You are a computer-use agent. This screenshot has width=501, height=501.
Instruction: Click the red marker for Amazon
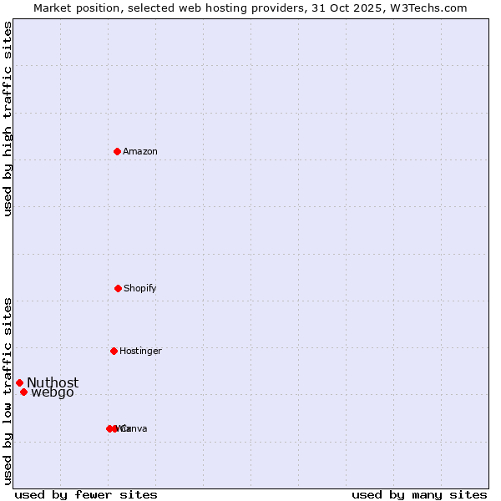[x=118, y=151]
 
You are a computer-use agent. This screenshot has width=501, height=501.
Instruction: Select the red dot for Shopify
[x=118, y=288]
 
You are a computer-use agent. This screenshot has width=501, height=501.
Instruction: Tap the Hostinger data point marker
[x=114, y=351]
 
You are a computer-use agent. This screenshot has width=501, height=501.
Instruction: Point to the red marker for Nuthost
[x=19, y=382]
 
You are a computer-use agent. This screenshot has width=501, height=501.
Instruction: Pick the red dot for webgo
[x=23, y=392]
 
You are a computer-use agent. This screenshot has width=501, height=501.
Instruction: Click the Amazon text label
[x=140, y=151]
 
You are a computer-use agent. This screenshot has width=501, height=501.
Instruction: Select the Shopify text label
[x=140, y=288]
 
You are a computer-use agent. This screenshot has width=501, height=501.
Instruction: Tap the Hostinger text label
[x=140, y=351]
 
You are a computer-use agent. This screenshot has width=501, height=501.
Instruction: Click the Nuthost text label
[x=53, y=382]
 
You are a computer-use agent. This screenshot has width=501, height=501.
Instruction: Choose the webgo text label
[x=53, y=392]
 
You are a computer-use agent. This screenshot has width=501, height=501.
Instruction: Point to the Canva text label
[x=134, y=428]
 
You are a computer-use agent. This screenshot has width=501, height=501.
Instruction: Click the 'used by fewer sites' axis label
[x=86, y=494]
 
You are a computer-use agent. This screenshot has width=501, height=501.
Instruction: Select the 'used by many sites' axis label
[x=419, y=494]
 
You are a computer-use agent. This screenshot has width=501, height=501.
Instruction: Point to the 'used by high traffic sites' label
[x=8, y=119]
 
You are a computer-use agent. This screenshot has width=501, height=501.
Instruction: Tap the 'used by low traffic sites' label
[x=8, y=391]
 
